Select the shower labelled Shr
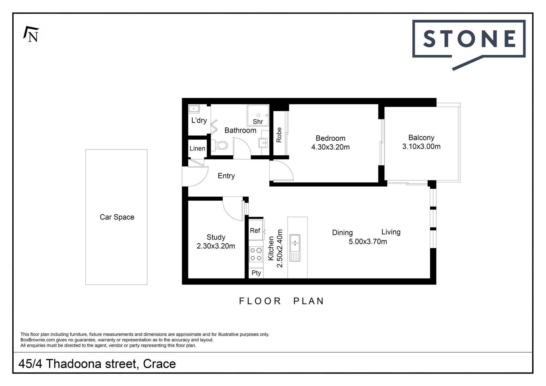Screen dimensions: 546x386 tap(258, 115)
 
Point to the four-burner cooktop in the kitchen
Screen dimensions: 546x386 tap(256, 254)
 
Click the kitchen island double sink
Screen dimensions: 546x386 tap(295, 248)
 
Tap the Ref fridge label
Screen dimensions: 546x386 tap(255, 230)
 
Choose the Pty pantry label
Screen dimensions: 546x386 tap(256, 273)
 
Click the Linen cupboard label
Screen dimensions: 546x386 tap(197, 148)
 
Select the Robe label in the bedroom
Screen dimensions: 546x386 tap(279, 135)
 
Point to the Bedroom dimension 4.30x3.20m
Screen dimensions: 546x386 tap(330, 147)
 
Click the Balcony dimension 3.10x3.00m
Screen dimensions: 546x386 tap(421, 146)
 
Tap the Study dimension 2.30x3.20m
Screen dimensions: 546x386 tap(216, 246)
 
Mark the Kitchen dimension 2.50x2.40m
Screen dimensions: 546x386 tap(280, 248)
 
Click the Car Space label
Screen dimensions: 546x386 tap(117, 217)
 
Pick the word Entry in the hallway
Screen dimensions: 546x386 tap(226, 176)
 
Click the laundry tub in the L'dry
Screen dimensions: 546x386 tap(194, 109)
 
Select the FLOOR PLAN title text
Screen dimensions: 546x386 tap(282, 301)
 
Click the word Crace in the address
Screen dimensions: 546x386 tap(160, 364)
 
